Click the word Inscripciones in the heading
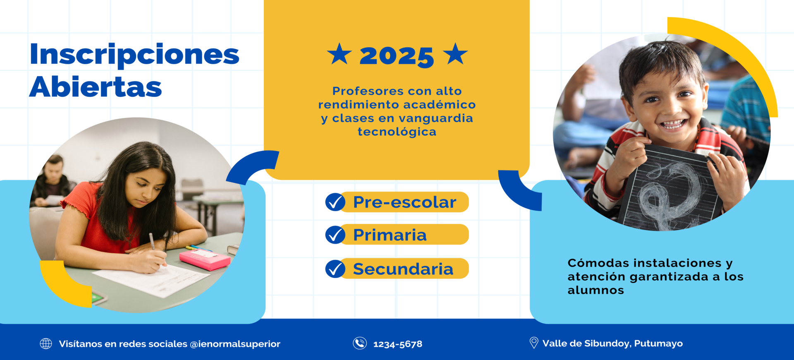point(134,55)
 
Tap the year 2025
point(397,56)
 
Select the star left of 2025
point(339,54)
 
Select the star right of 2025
point(455,54)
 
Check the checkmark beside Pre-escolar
point(335,202)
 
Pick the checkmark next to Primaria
point(335,235)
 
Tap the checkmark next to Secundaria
point(335,269)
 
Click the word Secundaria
point(403,269)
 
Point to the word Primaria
point(390,235)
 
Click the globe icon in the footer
point(46,343)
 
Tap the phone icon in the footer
point(360,343)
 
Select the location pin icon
point(534,343)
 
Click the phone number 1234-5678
point(398,344)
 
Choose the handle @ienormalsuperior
point(235,344)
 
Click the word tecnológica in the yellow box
point(397,132)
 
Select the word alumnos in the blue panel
point(596,290)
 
